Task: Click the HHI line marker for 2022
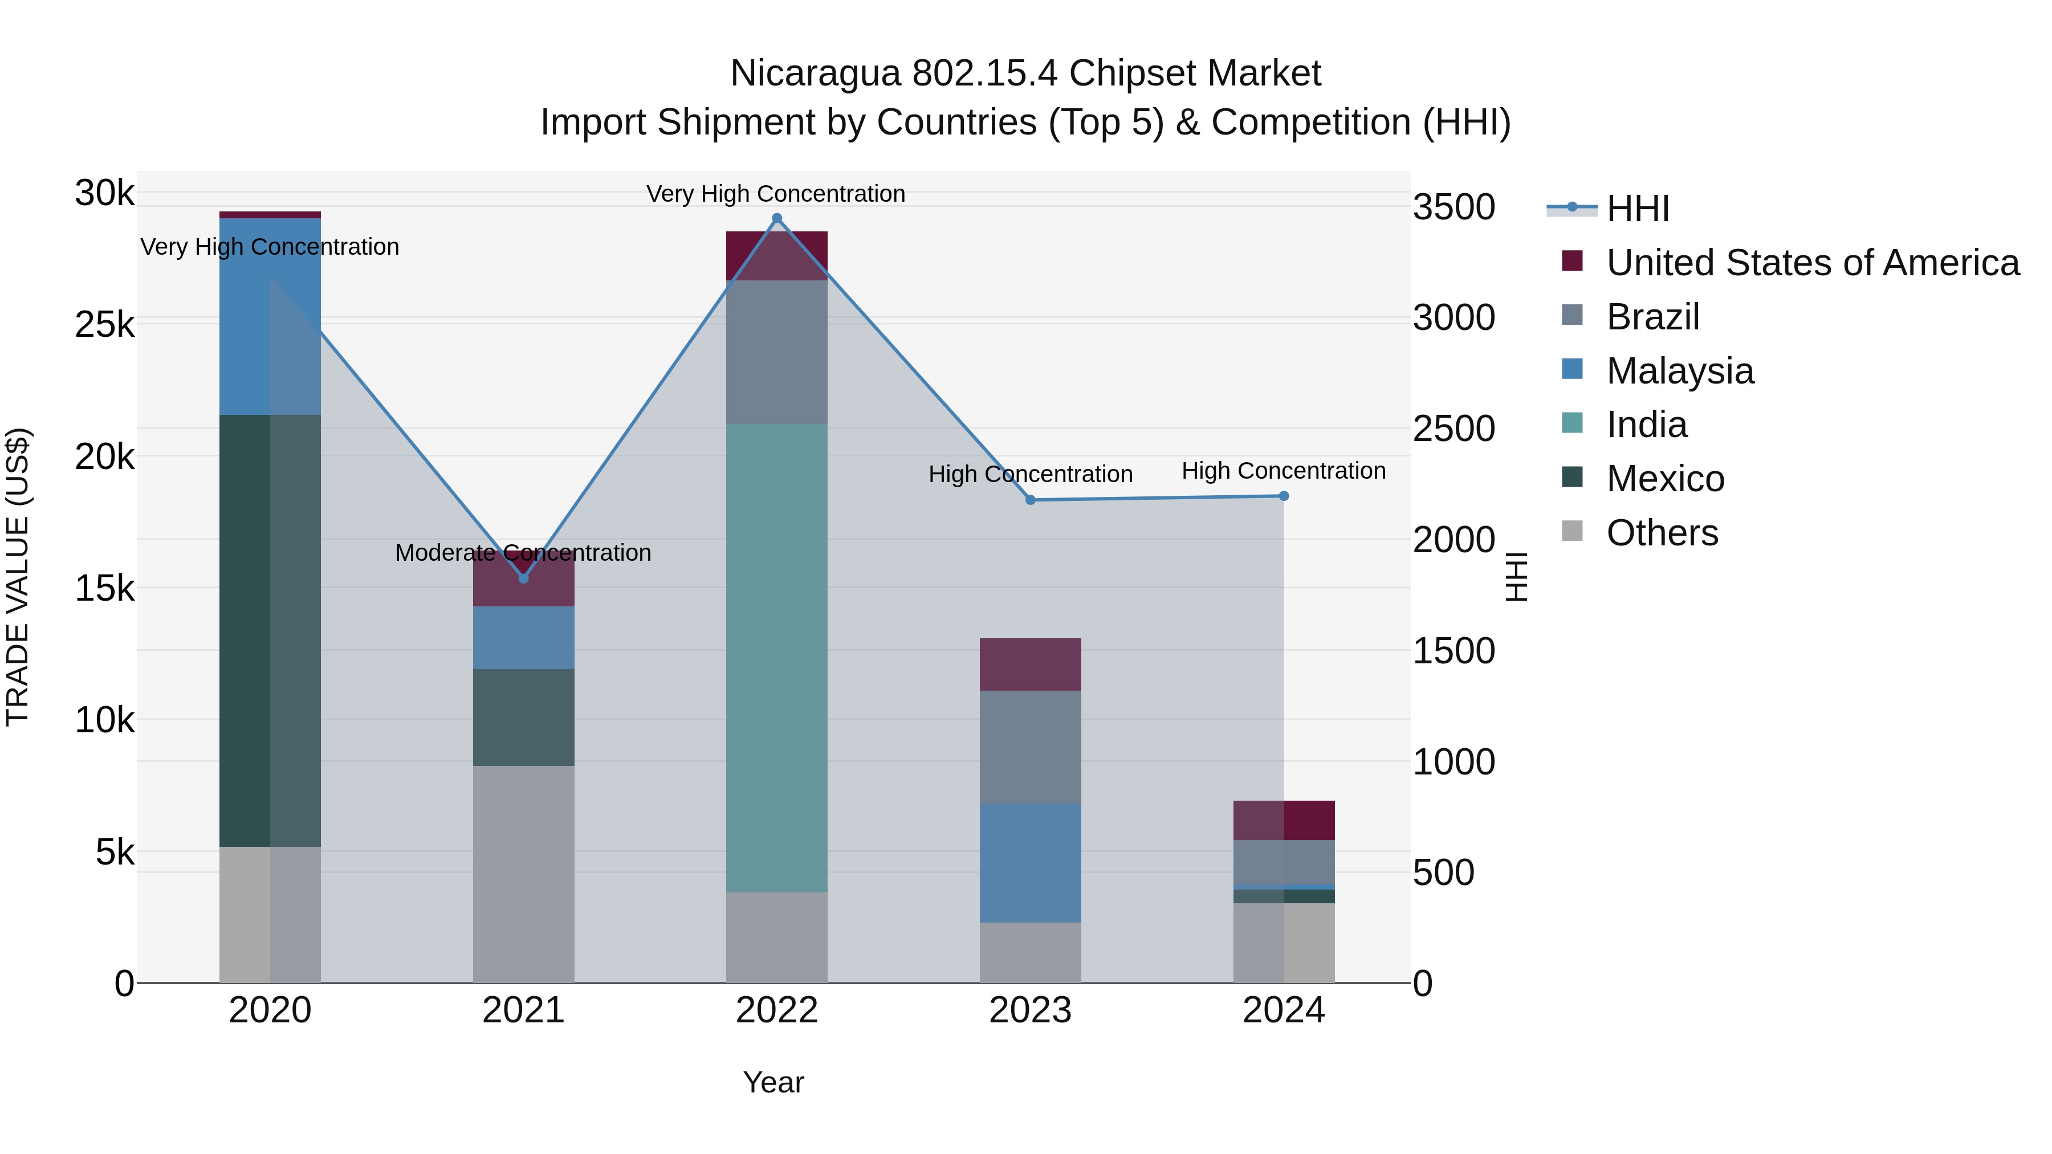777,218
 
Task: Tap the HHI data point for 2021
523,578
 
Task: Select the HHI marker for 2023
1030,500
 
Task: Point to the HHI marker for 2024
1283,496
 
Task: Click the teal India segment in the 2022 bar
777,657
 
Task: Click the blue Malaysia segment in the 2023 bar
1030,863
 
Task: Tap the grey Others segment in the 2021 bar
523,874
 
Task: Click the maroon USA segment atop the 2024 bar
1283,820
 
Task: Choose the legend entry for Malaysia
1679,371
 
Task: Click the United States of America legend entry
1812,263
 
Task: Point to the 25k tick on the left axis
104,325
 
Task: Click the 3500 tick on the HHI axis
1453,207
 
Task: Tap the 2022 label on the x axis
777,1010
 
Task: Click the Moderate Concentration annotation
523,553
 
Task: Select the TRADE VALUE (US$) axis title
18,577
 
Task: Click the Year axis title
773,1082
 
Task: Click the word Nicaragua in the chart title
815,74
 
